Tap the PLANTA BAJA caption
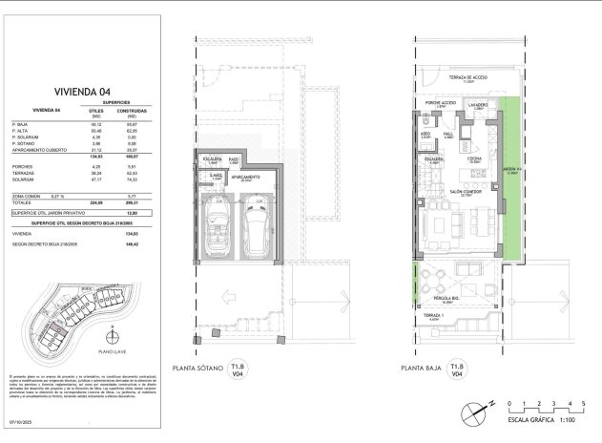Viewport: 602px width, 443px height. pos(421,367)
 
